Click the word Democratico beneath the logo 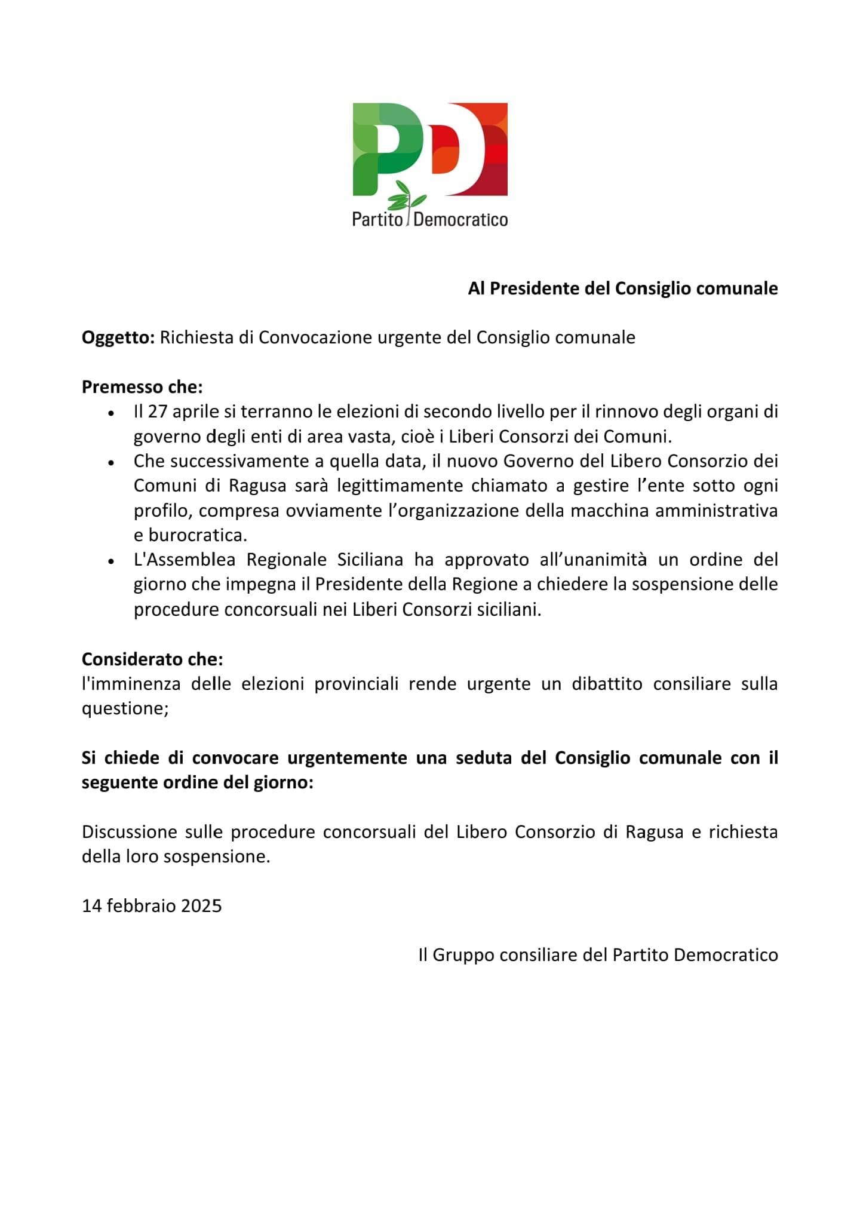pos(460,220)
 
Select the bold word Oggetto pos(118,338)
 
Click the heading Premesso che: pos(142,387)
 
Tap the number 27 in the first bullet pos(157,412)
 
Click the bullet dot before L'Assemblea pos(111,561)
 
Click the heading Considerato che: pos(152,659)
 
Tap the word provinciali pos(356,684)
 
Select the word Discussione pos(129,832)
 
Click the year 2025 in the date pos(201,906)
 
